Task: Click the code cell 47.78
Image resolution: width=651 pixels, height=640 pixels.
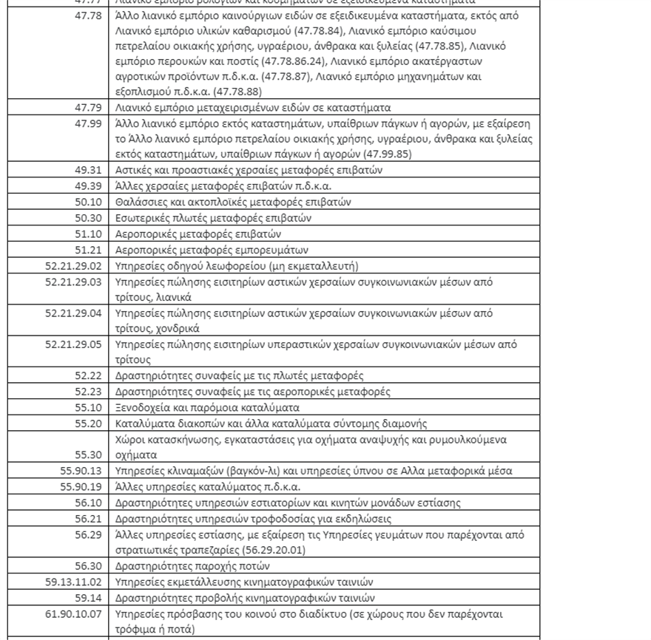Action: [88, 15]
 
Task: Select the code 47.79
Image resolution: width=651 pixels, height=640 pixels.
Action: [88, 108]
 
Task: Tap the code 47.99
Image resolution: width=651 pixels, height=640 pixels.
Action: [88, 123]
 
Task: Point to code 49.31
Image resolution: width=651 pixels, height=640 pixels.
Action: [88, 170]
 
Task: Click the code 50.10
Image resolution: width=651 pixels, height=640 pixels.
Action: [88, 202]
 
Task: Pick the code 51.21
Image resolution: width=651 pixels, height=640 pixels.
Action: [88, 250]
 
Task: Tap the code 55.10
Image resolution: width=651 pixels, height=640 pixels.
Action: [88, 407]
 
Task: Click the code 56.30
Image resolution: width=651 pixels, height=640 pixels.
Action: [88, 565]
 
